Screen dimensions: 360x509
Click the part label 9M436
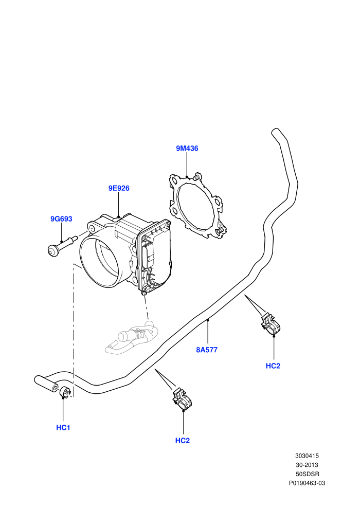coord(187,149)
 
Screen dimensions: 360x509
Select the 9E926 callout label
coord(119,188)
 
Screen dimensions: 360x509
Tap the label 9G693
coord(61,219)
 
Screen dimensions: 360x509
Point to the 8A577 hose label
coord(207,350)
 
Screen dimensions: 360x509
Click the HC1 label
coord(63,428)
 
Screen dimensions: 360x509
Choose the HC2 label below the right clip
coord(273,366)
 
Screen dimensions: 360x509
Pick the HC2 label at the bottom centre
coord(183,441)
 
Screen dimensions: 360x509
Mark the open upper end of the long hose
coord(275,132)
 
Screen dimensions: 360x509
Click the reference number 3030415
coord(307,456)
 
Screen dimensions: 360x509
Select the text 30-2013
coord(307,465)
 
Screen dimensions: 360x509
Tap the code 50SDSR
coord(308,474)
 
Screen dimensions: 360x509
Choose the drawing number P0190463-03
coord(307,483)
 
